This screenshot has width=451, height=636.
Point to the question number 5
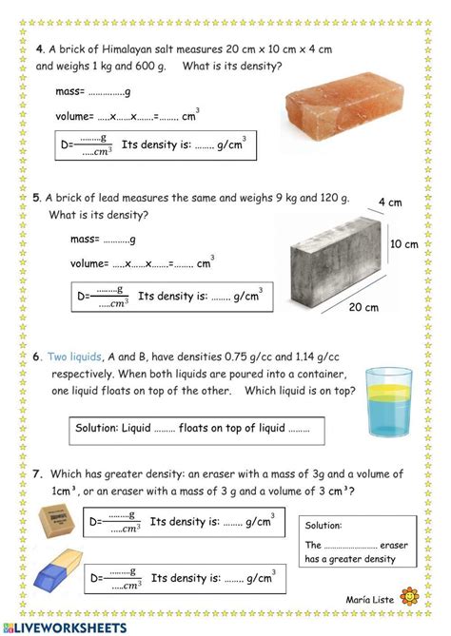36,198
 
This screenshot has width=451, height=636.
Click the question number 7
37,473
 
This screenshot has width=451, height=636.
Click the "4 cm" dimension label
390,202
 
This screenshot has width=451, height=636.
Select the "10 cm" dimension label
404,244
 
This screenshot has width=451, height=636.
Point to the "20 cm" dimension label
363,307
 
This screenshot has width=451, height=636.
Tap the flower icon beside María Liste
410,597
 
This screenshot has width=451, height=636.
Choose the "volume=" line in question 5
142,263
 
